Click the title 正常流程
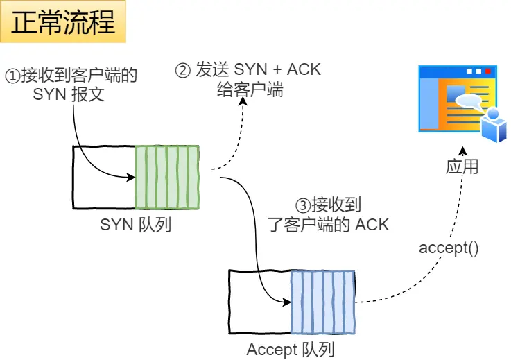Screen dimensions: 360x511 (x=63, y=22)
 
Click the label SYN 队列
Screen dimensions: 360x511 (x=135, y=225)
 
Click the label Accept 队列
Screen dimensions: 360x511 (x=291, y=350)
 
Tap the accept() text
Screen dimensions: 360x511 (x=449, y=248)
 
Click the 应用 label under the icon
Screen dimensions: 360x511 (x=462, y=167)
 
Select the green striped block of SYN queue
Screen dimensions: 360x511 (x=167, y=177)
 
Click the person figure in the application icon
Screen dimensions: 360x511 (x=494, y=124)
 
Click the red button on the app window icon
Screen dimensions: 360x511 (x=488, y=71)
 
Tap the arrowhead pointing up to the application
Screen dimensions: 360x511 (x=464, y=151)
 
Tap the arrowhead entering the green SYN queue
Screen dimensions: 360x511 (x=130, y=177)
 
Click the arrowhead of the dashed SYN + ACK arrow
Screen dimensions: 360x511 (x=243, y=101)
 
